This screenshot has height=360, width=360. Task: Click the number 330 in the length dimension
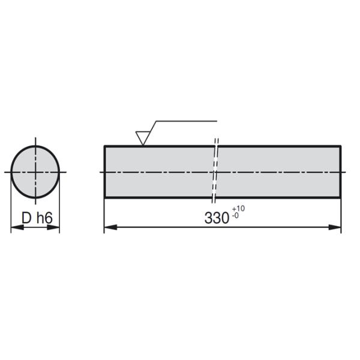(217, 218)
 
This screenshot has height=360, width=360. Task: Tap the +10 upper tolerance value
(238, 209)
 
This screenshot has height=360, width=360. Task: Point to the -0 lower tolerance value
(235, 216)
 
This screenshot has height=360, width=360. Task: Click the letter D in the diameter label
(26, 218)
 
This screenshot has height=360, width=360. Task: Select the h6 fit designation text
(44, 218)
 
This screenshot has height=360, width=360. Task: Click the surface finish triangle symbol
(143, 139)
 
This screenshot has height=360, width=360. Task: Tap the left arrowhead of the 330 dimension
(110, 227)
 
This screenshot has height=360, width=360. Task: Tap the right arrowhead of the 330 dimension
(335, 227)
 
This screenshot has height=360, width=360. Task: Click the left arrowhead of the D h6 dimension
(17, 227)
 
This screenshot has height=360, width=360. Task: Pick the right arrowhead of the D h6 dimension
(53, 227)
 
